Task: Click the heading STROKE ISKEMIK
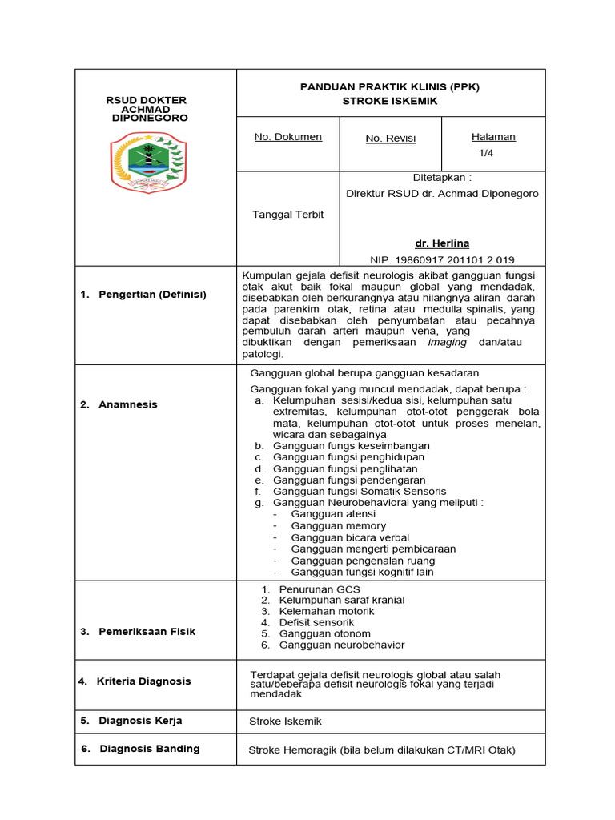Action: coord(390,101)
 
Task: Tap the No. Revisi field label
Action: coord(391,139)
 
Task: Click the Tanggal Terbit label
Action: coord(288,215)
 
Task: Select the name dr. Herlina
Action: coord(442,243)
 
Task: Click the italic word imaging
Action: coord(448,342)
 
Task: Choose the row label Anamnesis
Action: coord(128,404)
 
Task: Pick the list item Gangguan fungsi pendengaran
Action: coord(349,480)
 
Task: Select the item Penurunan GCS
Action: coord(320,589)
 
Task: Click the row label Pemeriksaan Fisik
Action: coord(147,632)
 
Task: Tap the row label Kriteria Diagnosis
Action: coord(144,681)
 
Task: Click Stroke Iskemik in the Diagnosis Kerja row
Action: coord(285,722)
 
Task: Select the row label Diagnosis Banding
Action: coord(149,749)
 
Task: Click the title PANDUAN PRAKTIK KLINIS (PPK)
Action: coord(390,86)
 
